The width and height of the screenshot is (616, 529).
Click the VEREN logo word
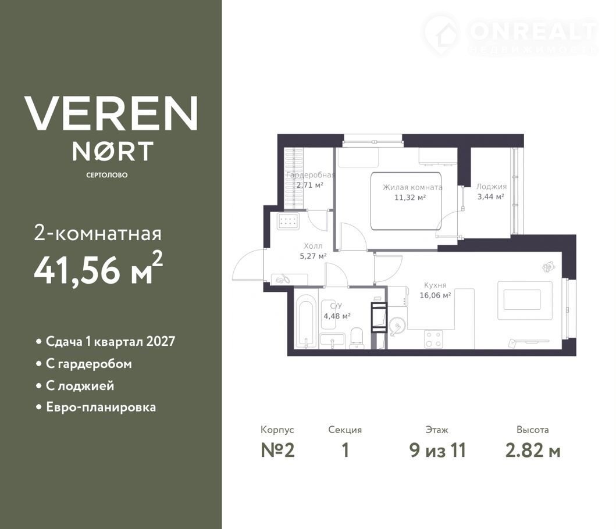(111, 113)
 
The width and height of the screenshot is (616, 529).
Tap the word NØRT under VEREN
(113, 152)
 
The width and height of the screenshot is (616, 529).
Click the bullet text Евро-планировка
(101, 408)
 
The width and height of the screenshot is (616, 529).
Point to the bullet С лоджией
(80, 385)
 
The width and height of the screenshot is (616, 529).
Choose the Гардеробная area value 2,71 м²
(309, 185)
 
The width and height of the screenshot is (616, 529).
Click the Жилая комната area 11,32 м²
(410, 198)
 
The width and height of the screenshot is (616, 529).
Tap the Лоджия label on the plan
(492, 187)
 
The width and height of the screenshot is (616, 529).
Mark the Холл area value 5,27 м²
(313, 256)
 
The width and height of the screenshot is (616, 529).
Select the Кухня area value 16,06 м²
(435, 295)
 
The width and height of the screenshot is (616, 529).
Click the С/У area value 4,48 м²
(337, 316)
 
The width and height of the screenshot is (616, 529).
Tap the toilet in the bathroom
(357, 338)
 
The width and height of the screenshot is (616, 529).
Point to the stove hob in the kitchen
(434, 339)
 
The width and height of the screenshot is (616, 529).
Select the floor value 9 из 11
(437, 451)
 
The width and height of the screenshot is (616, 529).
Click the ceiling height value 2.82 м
(533, 451)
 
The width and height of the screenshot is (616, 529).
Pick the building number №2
(277, 451)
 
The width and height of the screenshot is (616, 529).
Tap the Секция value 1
(346, 451)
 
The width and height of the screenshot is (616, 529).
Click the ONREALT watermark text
(533, 31)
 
